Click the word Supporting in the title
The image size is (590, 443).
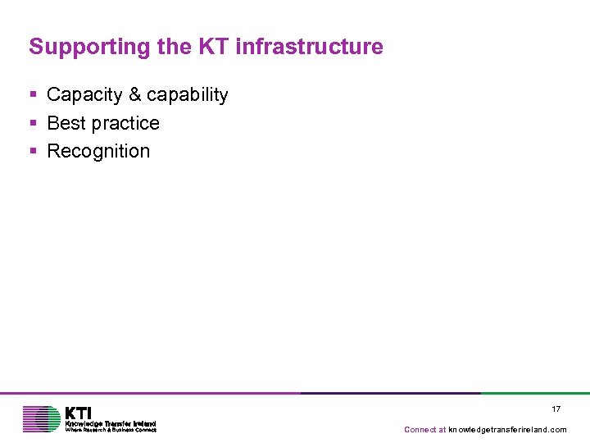click(90, 47)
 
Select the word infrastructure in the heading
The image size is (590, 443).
click(309, 47)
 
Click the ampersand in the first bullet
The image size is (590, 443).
click(134, 95)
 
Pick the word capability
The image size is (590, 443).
click(188, 95)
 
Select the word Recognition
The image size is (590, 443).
click(99, 151)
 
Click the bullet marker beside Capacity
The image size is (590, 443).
click(33, 95)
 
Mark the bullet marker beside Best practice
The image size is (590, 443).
click(33, 123)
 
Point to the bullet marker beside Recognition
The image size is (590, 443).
click(33, 151)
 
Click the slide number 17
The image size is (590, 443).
click(556, 409)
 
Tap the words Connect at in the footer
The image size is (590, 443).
click(425, 430)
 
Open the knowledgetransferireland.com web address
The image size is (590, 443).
click(508, 430)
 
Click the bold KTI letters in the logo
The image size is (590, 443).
click(79, 413)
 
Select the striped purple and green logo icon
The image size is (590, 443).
click(42, 419)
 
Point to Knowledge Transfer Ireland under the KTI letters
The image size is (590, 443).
click(111, 423)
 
